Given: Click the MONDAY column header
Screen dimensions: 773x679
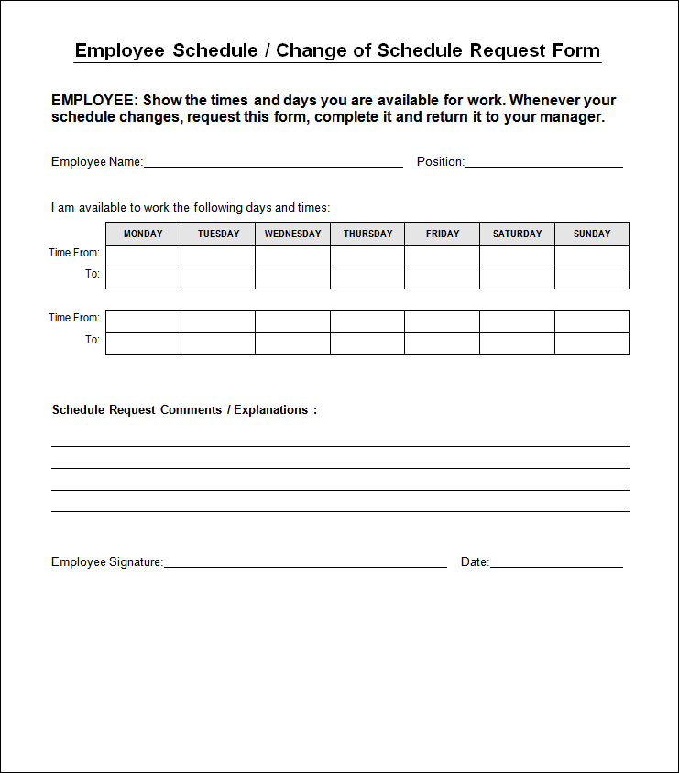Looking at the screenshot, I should pos(143,234).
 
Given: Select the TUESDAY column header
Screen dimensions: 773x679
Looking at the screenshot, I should pos(218,234).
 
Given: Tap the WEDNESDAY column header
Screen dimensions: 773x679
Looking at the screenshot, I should pos(293,234).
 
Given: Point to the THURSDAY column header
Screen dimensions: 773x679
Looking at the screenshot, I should pos(367,234).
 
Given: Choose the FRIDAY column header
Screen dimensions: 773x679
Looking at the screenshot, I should pos(443,234).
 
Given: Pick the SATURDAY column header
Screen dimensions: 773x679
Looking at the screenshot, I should pos(517,234).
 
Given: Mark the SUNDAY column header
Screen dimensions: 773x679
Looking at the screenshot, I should pos(592,234).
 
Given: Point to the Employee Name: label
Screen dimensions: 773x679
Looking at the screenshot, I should pos(97,162).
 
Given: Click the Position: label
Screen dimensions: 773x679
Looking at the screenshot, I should pos(441,162).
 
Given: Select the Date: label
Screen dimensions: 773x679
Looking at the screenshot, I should pos(475,562).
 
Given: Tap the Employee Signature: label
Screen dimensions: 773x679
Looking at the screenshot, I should pos(107,562).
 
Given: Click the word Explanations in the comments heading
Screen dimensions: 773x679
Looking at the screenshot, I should pos(271,410).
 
